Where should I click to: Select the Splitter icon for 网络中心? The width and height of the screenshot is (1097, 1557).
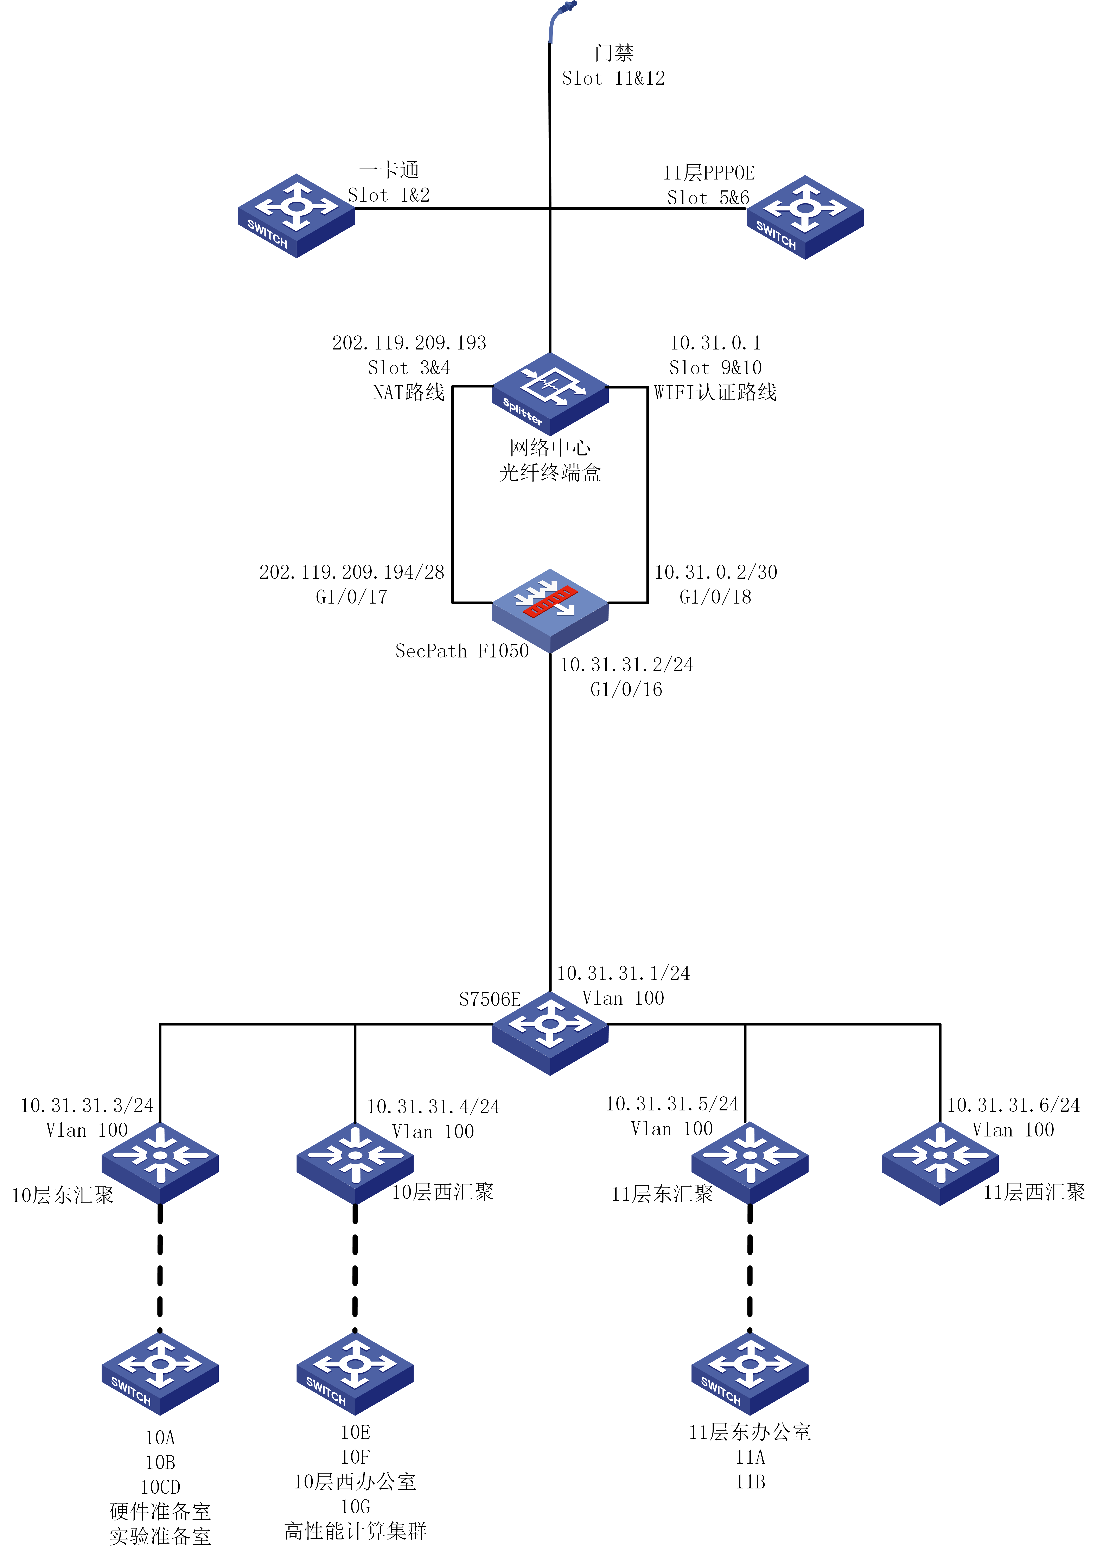point(550,393)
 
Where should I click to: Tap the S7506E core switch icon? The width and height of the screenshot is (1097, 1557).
point(550,1032)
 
